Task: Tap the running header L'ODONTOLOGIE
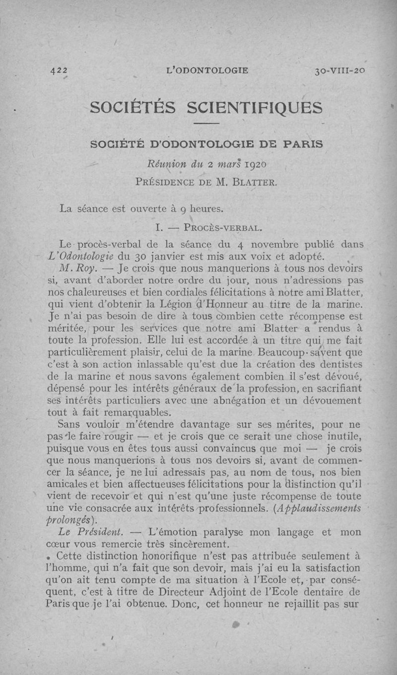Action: pyautogui.click(x=208, y=70)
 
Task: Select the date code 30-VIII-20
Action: pyautogui.click(x=339, y=70)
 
